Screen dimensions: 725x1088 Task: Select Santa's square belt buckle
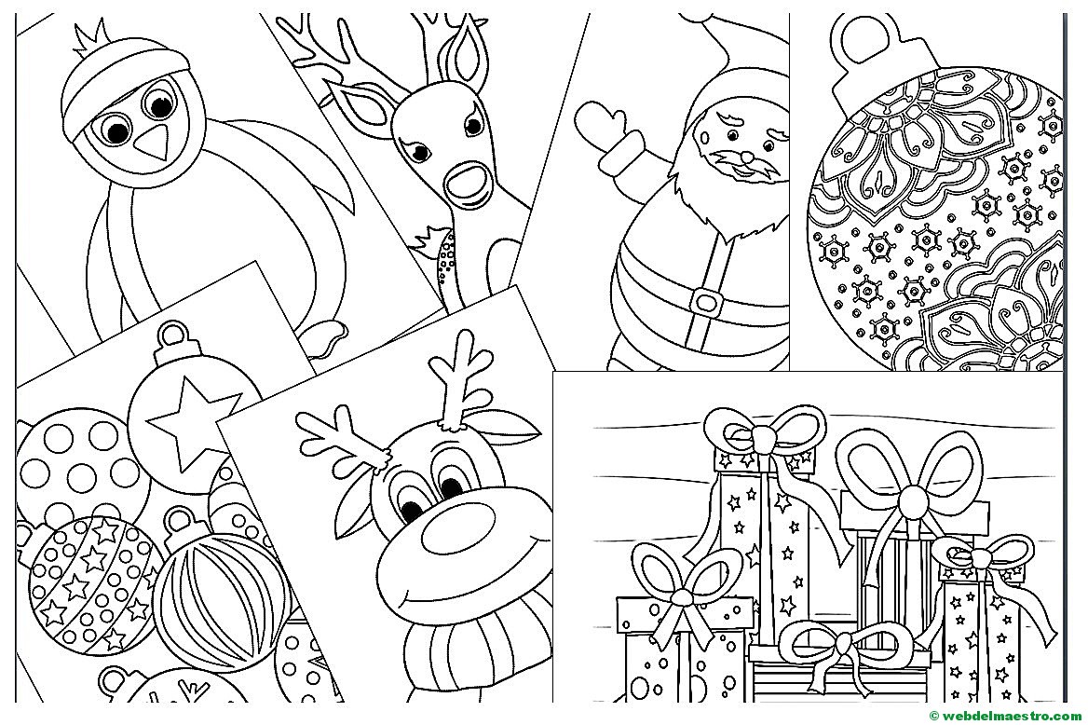coord(704,298)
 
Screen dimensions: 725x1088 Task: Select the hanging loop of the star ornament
coord(174,334)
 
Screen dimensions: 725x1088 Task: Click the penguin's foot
coord(327,340)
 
